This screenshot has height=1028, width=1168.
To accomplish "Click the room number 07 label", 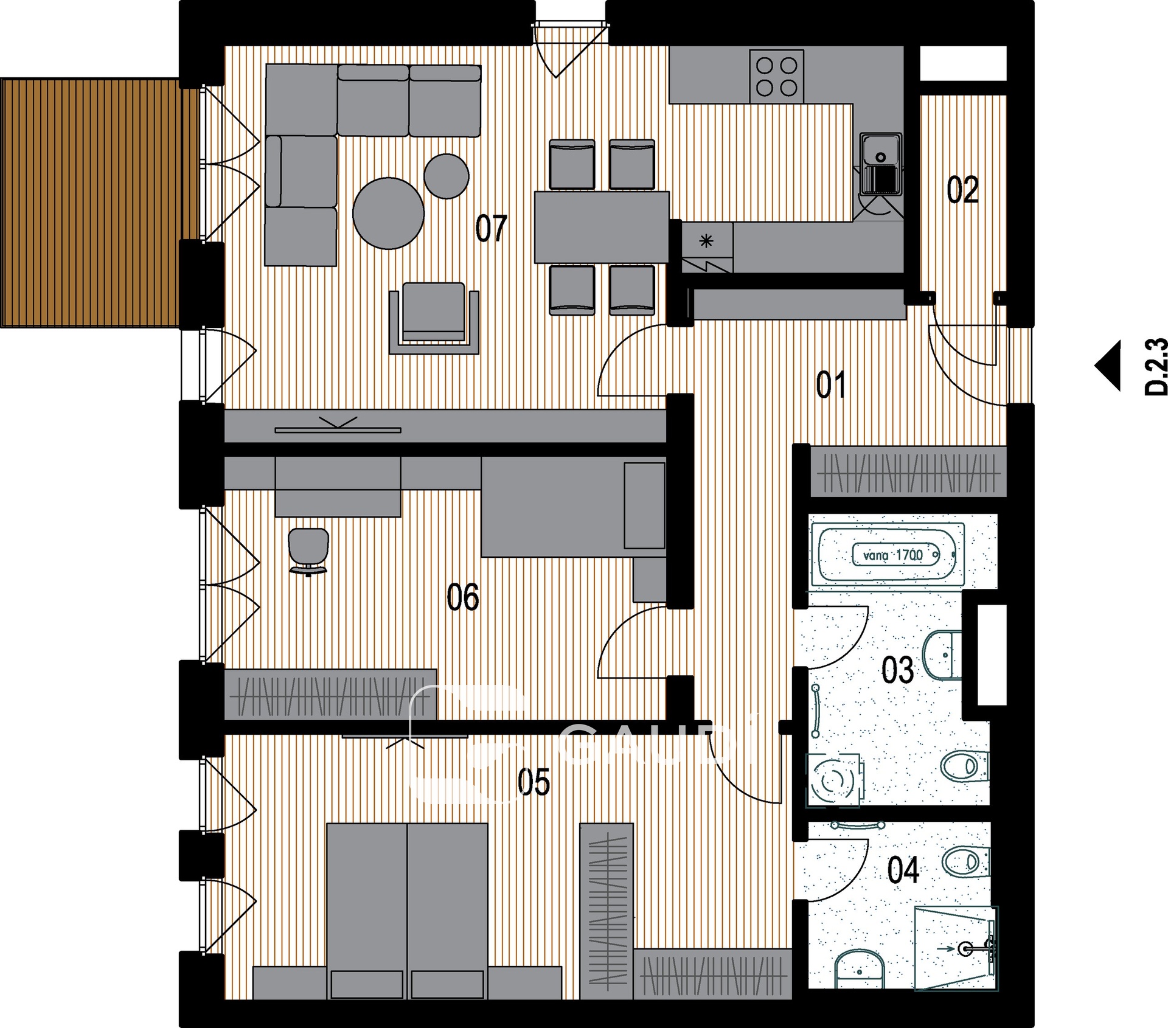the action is click(491, 229).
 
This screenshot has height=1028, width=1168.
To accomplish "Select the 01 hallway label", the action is click(831, 385).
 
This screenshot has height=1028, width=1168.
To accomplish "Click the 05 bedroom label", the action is click(534, 782).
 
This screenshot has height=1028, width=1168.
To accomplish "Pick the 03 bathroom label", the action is click(897, 670).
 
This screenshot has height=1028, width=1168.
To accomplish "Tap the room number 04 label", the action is click(903, 870).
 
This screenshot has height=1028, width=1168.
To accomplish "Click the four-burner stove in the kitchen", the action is click(777, 77).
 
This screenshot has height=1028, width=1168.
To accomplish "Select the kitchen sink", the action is click(880, 164).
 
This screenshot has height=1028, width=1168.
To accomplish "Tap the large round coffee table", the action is click(388, 213).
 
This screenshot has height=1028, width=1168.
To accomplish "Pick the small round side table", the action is click(447, 176).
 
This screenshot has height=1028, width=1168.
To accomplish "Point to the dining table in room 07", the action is click(602, 227).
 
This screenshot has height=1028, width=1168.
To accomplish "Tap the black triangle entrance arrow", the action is click(1108, 365).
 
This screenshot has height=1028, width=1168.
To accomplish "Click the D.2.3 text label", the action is click(1156, 367).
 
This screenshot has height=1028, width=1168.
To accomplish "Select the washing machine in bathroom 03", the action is click(834, 780).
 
